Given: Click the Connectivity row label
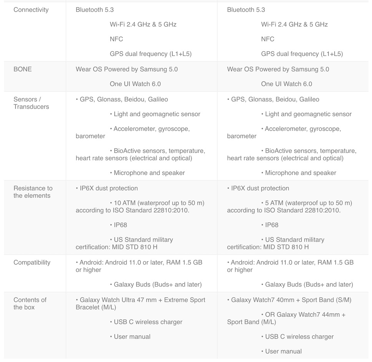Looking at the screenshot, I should (31, 10).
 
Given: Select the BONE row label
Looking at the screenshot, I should (23, 69).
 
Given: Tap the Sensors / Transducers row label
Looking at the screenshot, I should (31, 103).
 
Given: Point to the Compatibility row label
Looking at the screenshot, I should (32, 263).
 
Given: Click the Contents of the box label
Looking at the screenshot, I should (30, 304).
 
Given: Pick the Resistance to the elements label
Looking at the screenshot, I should (33, 192).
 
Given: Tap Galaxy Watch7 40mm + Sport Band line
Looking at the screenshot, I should (291, 300).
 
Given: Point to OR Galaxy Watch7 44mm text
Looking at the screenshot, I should (305, 315).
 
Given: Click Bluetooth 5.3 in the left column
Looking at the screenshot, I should (95, 10).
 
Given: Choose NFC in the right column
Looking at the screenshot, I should (267, 39).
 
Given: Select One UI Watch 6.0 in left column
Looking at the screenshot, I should (135, 84).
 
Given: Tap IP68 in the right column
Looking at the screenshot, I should (272, 225).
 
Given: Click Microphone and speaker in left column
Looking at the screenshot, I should (149, 173).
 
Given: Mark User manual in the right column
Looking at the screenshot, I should (283, 352).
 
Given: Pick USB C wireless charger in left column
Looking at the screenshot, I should (148, 322).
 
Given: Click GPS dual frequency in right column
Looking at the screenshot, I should (302, 54).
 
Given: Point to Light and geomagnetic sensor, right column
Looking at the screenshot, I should (308, 114).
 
